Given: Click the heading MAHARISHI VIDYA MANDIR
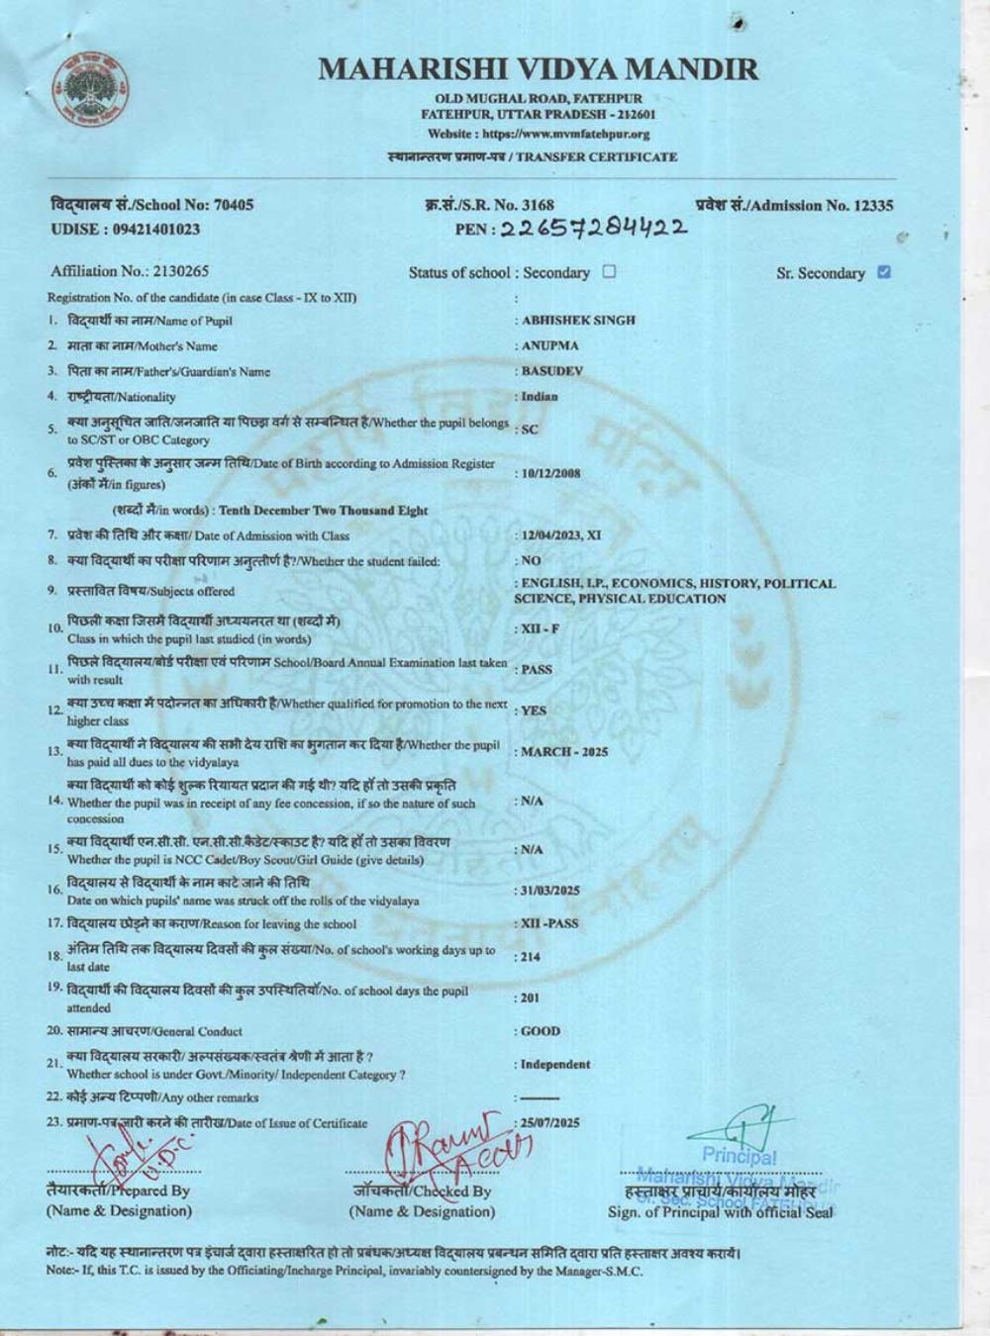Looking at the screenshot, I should pos(539,69).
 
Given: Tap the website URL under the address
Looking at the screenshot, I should pos(539,135).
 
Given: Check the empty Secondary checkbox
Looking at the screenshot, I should pos(609,271).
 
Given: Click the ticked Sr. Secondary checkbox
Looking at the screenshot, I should pos(884,272).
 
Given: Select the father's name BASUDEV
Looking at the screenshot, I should pos(552,371).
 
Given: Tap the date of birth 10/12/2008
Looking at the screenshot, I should pos(551,473).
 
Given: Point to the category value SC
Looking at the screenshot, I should pos(531,429).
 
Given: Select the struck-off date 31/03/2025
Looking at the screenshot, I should pos(551,891).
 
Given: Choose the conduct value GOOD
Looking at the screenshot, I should pos(541,1031).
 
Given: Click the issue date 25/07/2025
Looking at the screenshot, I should pos(551,1122).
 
